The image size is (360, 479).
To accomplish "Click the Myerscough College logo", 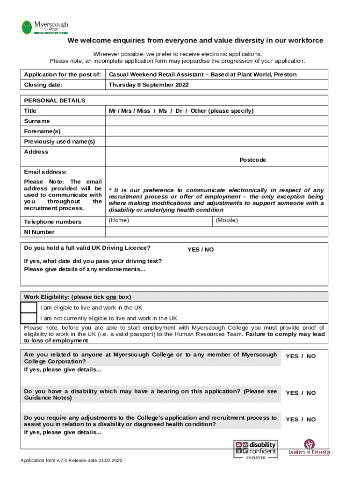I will click(x=45, y=27).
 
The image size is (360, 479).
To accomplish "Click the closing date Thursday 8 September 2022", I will click(x=149, y=85).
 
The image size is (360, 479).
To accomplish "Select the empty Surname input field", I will click(x=217, y=121).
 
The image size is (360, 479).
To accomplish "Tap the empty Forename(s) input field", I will click(x=217, y=131).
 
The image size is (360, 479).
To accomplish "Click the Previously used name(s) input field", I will click(x=217, y=142).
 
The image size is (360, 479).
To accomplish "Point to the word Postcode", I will click(x=252, y=160).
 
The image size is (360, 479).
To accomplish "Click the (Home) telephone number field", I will click(x=159, y=221).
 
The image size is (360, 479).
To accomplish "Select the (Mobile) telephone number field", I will click(x=270, y=221).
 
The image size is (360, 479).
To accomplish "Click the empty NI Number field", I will click(x=217, y=232).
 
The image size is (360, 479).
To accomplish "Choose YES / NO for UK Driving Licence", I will click(x=201, y=250).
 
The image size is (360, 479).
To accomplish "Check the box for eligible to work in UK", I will click(x=29, y=307).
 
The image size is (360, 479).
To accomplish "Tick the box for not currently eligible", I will click(x=29, y=318).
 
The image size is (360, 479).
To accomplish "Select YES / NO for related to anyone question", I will click(x=301, y=356).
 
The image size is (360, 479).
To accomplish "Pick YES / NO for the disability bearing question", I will click(x=301, y=393).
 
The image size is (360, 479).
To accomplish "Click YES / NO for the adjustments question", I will click(x=301, y=420).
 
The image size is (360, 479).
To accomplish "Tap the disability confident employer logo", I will click(x=255, y=449).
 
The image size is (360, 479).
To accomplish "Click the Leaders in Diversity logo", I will click(x=309, y=448).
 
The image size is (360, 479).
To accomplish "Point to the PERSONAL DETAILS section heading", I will click(x=55, y=101).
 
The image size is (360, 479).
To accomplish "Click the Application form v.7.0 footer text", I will click(x=71, y=461).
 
